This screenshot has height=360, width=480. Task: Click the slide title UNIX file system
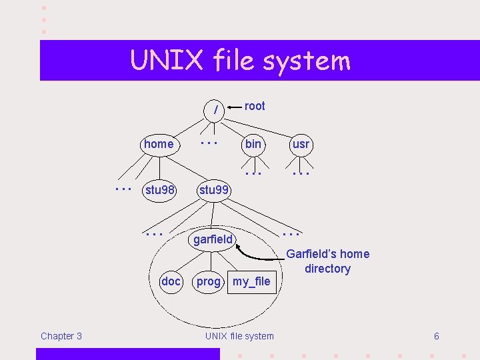coord(240,61)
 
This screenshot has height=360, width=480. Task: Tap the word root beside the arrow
coord(255,106)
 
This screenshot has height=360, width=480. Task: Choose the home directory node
coord(159,144)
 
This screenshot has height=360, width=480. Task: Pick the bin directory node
coord(253,144)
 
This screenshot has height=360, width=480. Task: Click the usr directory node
coord(301,144)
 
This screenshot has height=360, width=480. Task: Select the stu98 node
coord(160,190)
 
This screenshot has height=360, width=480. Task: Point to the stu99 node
coord(214,190)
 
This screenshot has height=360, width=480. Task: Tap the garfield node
coord(213,239)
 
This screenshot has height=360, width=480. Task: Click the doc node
coord(171,281)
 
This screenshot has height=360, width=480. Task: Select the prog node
coord(208,281)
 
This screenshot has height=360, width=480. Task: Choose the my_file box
coord(251,281)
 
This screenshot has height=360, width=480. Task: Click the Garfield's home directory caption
coord(327,261)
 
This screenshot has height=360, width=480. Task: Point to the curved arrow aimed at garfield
coord(260,255)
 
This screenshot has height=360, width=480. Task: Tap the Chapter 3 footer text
coord(61,336)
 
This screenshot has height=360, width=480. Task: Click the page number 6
coord(437,336)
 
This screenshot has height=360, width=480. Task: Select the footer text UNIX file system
coord(239,336)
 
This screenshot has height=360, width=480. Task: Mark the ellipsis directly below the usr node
coord(301,173)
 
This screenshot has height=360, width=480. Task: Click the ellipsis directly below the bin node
coord(253,173)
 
